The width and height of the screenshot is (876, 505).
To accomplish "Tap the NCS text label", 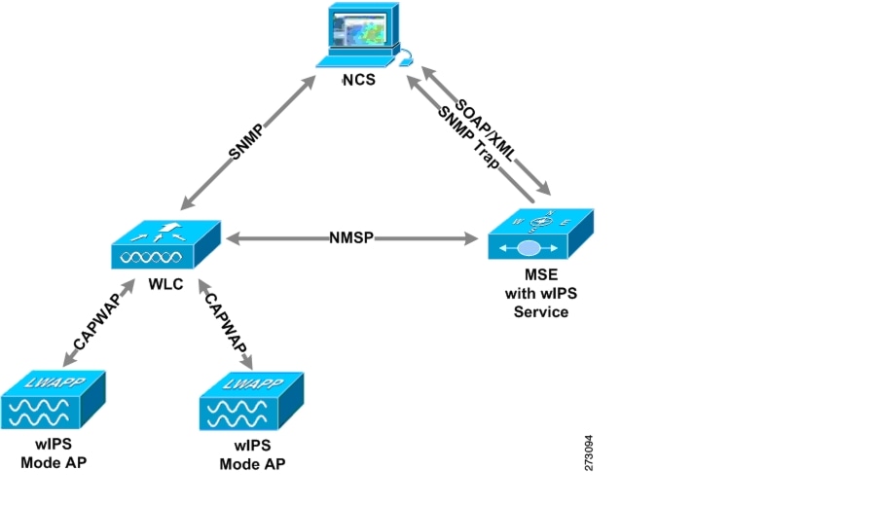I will [x=359, y=81].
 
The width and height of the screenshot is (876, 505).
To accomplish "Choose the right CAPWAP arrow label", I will [x=225, y=325].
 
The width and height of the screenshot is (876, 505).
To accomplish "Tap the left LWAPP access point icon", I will [x=53, y=399].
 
